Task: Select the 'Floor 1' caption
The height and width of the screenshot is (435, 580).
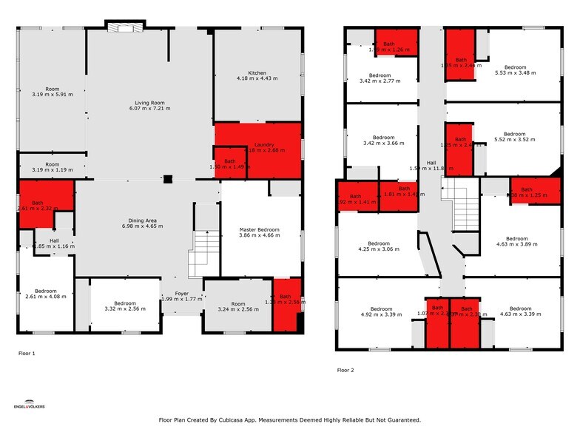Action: (x=27, y=354)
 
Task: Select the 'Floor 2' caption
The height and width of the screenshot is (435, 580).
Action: (x=345, y=370)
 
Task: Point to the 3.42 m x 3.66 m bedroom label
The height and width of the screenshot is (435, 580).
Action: (x=383, y=141)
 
